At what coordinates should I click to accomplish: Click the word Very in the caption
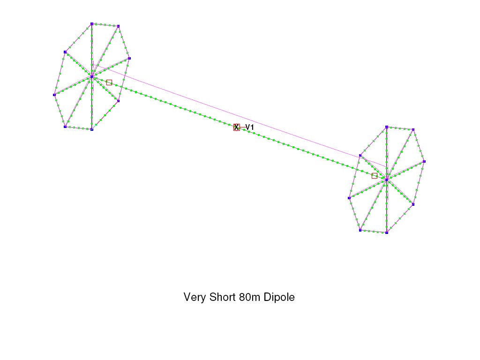point(194,297)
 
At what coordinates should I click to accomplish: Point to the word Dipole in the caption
point(279,297)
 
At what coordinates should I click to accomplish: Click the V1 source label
point(250,127)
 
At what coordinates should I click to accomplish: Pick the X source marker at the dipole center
point(236,127)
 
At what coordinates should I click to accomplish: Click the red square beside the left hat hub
point(109,82)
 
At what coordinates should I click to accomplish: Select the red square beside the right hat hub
point(375,176)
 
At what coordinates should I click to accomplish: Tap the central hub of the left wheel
point(92,76)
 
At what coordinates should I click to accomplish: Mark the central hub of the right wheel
point(387,180)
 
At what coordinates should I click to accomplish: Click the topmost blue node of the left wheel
point(92,24)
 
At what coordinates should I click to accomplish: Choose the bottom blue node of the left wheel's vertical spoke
point(92,129)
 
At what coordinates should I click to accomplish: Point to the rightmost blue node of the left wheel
point(129,58)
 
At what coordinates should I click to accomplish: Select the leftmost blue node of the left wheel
point(54,95)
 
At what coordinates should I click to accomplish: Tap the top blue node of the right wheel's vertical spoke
point(387,127)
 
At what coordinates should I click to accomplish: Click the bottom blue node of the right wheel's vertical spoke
point(387,232)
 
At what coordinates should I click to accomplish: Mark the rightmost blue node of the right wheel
point(424,161)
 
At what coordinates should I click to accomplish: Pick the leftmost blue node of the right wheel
point(349,198)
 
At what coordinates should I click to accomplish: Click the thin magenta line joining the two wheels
point(242,116)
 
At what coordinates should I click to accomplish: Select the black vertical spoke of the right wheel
point(387,180)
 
